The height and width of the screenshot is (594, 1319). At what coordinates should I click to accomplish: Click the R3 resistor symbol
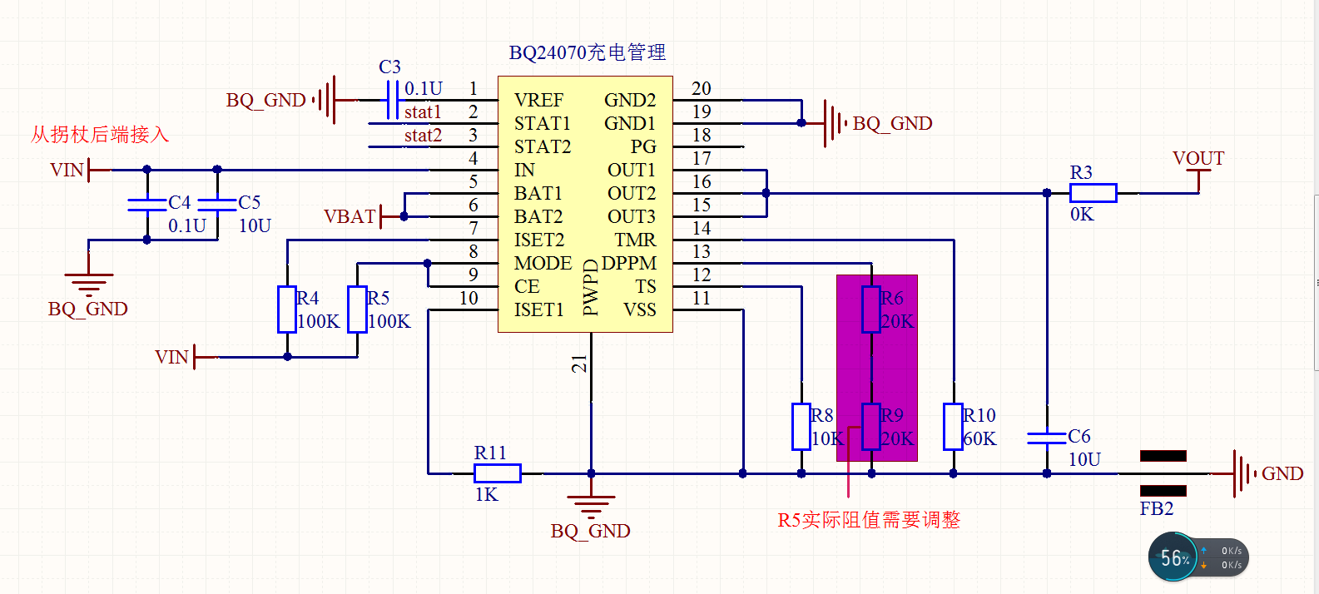coord(1093,193)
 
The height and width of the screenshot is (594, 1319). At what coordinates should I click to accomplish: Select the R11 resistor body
coord(497,473)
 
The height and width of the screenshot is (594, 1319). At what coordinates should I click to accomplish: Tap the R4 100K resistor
coord(287,309)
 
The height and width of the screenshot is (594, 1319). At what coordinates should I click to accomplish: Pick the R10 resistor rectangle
coord(953,427)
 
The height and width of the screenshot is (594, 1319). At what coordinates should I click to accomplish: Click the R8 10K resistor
coord(801,427)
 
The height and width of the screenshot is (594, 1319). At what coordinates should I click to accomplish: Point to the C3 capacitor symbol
coord(393,100)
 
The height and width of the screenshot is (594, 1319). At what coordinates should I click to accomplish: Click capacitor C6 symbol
coord(1047,438)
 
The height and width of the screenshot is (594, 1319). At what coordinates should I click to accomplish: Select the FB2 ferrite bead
coord(1163,473)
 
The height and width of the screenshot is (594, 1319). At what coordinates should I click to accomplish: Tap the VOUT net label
coord(1198,159)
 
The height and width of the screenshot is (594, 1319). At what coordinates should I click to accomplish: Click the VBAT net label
coord(350,217)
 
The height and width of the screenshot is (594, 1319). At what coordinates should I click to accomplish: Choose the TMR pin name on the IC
coord(635,240)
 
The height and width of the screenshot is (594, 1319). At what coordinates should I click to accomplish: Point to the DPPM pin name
coord(628,264)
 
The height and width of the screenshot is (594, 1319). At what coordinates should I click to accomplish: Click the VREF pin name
coord(538,101)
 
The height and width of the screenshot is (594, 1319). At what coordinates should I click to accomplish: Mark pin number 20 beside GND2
coord(701,89)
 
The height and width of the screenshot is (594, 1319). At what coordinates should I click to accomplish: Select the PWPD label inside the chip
coord(591,287)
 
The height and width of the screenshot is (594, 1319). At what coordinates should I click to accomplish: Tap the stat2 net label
coord(423,136)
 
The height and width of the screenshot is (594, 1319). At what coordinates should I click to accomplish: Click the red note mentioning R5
coord(868,521)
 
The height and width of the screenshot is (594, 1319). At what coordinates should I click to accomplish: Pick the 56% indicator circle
coord(1174,557)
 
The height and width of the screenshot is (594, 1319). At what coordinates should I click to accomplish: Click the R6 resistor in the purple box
coord(871,309)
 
